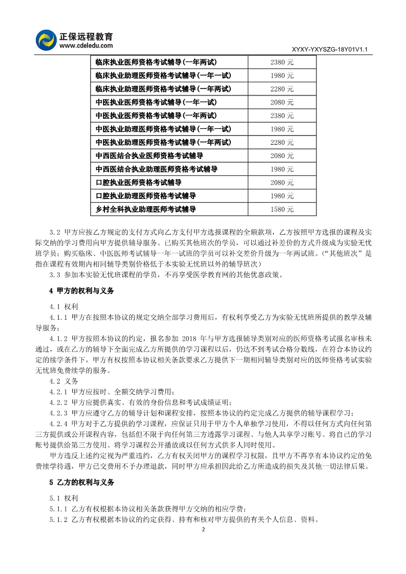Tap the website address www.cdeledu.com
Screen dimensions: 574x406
coord(86,46)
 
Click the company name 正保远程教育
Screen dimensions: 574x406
coord(87,36)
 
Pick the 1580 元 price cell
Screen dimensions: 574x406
coord(282,209)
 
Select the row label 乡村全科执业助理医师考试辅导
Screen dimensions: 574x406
coord(146,209)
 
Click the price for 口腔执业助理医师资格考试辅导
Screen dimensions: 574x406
coord(282,196)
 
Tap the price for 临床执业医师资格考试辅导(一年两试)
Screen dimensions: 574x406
coord(282,62)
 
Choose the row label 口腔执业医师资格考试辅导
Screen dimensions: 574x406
coord(139,183)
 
